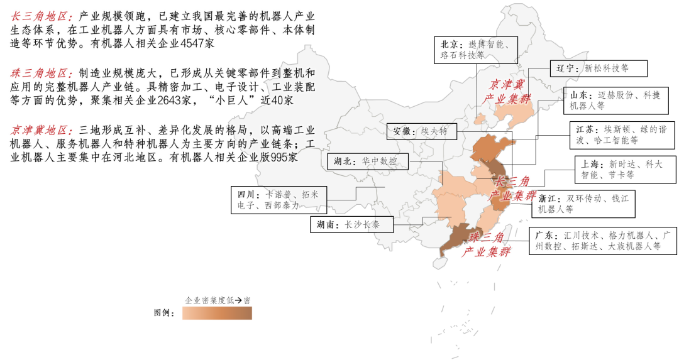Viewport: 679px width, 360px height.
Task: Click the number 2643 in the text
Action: (x=169, y=101)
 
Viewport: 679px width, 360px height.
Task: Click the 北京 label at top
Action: (x=450, y=44)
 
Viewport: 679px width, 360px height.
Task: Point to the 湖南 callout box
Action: (x=353, y=224)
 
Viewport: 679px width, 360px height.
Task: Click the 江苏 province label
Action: (x=584, y=128)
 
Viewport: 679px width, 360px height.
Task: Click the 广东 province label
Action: (x=546, y=235)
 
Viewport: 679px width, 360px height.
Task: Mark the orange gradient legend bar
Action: (x=217, y=313)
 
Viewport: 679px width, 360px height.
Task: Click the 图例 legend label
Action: (x=164, y=313)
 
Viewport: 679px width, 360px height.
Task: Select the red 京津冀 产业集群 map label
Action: (x=507, y=92)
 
